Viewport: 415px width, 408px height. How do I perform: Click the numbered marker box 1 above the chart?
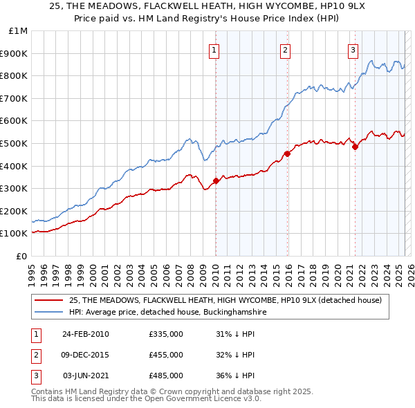pyautogui.click(x=214, y=50)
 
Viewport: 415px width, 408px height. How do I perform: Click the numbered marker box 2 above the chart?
pyautogui.click(x=285, y=50)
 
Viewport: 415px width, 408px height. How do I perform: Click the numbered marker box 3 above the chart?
pyautogui.click(x=353, y=50)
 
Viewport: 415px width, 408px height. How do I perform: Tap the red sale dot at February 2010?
pyautogui.click(x=216, y=180)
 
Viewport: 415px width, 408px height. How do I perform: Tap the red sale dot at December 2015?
pyautogui.click(x=286, y=154)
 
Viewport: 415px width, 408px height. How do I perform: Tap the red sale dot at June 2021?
pyautogui.click(x=355, y=147)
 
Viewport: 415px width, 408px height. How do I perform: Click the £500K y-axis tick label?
pyautogui.click(x=15, y=143)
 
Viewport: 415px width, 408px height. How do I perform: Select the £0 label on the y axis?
pyautogui.click(x=22, y=256)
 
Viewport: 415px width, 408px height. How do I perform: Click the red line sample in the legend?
pyautogui.click(x=48, y=301)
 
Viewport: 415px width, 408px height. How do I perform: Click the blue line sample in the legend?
pyautogui.click(x=48, y=313)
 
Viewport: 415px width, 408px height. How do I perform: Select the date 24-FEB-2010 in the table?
pyautogui.click(x=86, y=335)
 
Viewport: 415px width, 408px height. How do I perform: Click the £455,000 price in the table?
pyautogui.click(x=166, y=355)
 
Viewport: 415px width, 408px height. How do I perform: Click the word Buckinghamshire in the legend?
pyautogui.click(x=232, y=313)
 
